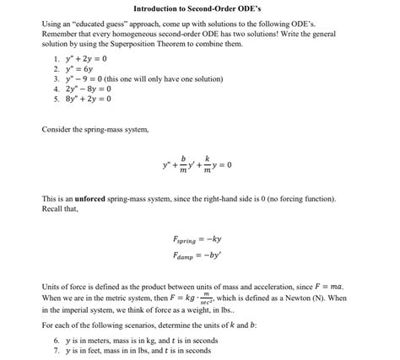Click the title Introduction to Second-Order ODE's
click(x=200, y=8)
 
